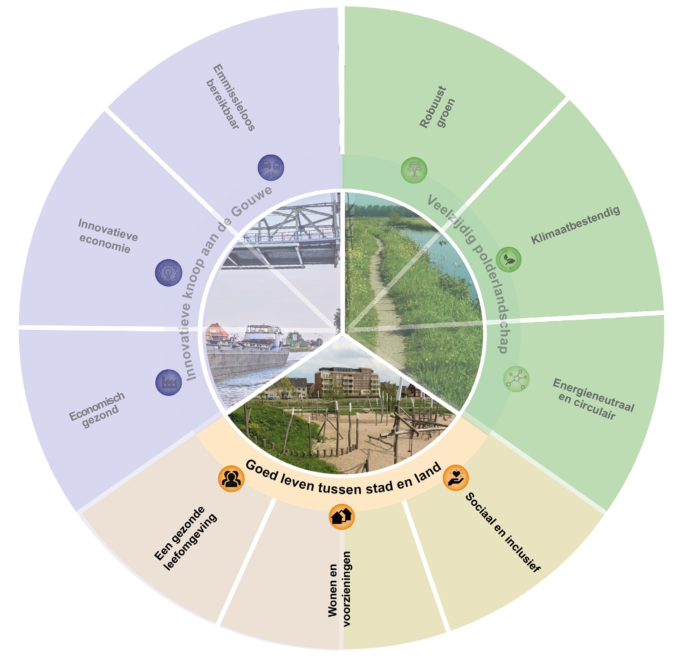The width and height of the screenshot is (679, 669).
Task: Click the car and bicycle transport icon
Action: click(271, 167)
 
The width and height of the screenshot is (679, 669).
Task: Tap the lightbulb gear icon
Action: click(169, 272)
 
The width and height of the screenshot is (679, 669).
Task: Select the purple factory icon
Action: click(169, 383)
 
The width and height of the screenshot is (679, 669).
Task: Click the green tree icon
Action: click(414, 170)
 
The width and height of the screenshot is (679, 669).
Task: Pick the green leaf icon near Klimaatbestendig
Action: click(509, 259)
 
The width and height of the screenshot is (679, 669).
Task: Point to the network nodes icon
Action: click(516, 379)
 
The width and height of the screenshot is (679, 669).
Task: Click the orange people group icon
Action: click(231, 479)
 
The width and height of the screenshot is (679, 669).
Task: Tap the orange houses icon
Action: click(342, 516)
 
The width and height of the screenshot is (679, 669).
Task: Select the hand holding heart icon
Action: click(456, 478)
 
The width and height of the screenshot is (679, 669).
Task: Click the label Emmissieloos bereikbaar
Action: click(231, 98)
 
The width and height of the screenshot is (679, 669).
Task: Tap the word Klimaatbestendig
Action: click(575, 225)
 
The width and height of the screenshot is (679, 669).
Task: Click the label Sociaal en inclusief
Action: click(502, 532)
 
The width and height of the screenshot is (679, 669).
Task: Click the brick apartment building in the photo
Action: click(347, 381)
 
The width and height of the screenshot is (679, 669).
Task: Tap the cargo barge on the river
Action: click(247, 354)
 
